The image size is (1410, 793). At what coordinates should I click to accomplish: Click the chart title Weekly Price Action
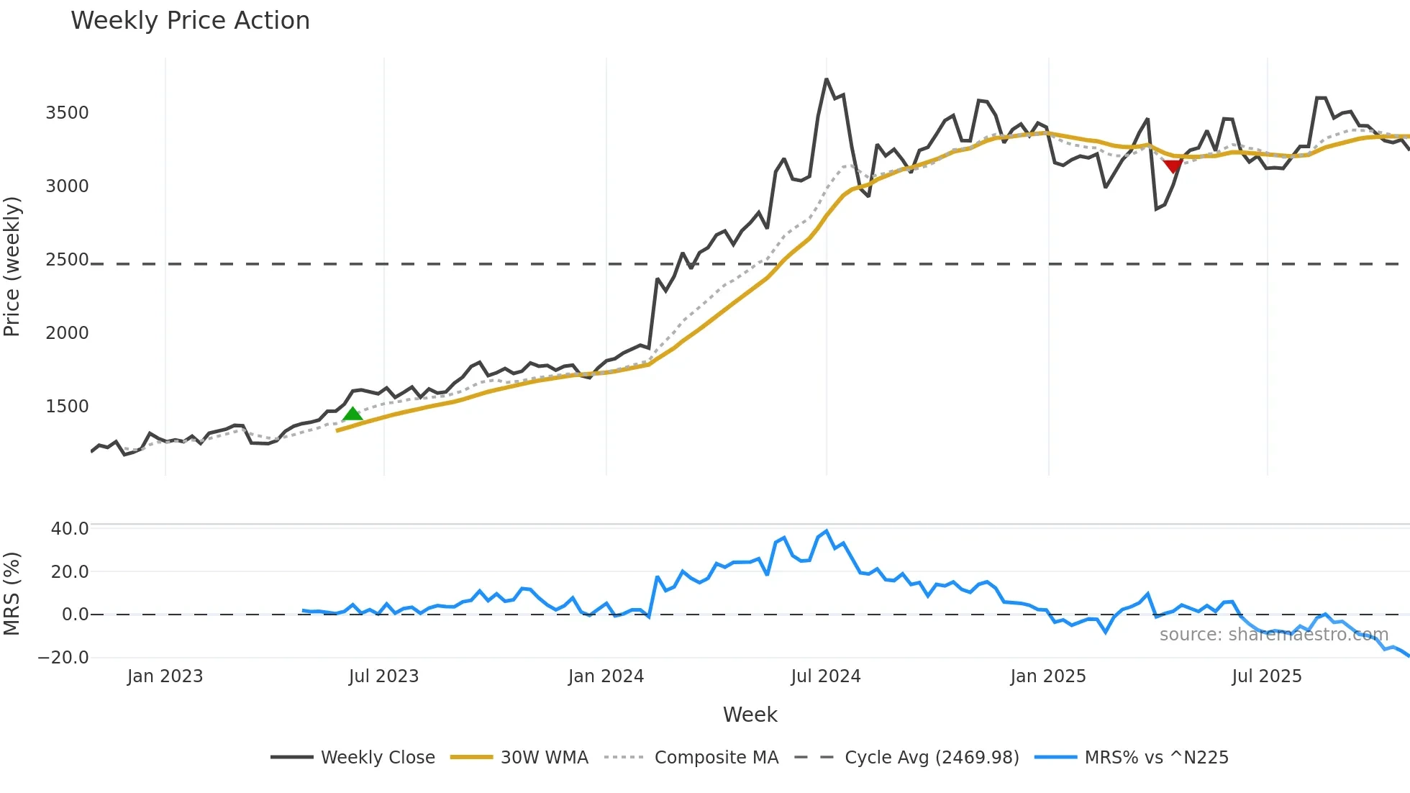190,21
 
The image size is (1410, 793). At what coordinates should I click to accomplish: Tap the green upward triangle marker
352,414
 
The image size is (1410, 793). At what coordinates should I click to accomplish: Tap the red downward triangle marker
1173,167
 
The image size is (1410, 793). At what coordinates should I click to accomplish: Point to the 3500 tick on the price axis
67,113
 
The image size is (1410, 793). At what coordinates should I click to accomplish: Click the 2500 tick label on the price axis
67,260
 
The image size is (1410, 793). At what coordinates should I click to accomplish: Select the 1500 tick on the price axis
67,407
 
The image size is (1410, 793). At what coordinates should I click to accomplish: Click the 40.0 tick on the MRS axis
70,529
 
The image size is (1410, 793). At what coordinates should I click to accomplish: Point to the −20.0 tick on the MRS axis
63,658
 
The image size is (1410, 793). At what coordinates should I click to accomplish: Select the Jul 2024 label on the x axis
826,676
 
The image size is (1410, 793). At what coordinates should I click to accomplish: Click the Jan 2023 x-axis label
165,676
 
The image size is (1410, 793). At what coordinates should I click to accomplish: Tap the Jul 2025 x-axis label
1267,676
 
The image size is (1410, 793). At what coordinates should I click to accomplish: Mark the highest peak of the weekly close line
827,79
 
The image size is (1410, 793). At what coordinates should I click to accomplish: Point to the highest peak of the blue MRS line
827,532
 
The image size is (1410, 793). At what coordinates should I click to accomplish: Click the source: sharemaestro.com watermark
1273,635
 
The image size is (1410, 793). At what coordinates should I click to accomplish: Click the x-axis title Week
750,715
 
